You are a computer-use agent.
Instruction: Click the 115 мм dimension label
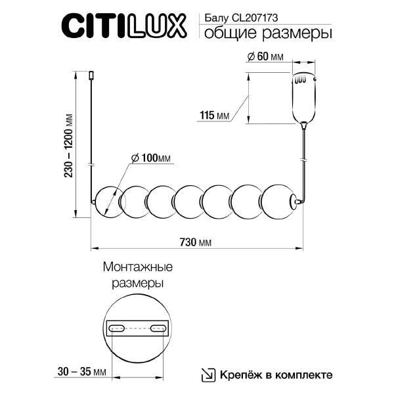pos(213,116)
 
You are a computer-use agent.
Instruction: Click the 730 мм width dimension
pos(195,242)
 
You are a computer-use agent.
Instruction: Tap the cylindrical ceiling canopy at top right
pos(304,96)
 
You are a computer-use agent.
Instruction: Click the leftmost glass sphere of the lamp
pos(108,200)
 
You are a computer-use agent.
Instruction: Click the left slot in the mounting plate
pos(118,328)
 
